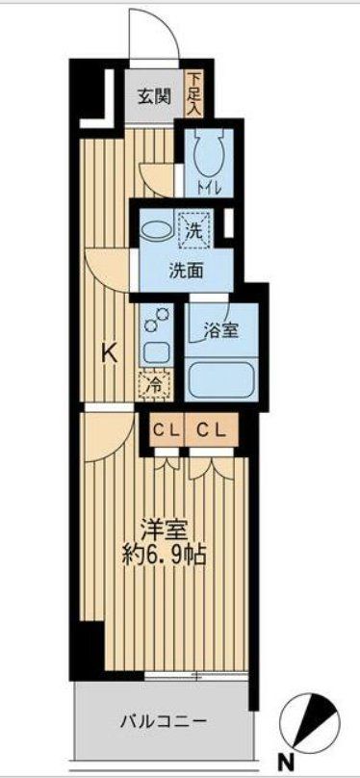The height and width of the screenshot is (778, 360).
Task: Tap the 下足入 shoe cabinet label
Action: (x=194, y=93)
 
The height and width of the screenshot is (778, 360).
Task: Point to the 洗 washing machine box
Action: (x=194, y=232)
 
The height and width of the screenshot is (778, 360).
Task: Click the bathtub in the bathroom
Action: (x=222, y=378)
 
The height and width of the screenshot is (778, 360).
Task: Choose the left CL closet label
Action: (x=165, y=431)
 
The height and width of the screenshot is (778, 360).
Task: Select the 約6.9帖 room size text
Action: (x=165, y=556)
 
